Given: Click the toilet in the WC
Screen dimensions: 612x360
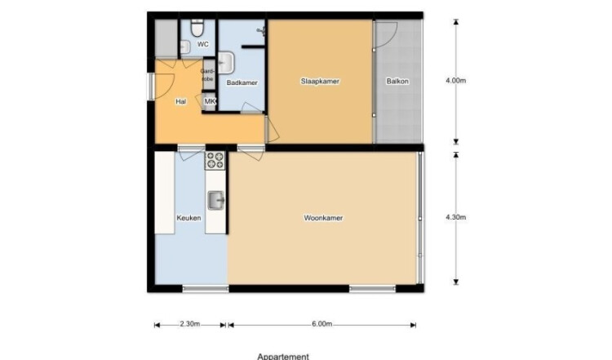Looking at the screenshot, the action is (197, 28).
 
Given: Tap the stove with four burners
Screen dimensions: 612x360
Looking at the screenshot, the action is (215, 161).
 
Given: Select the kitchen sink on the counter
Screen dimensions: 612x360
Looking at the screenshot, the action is (216, 201).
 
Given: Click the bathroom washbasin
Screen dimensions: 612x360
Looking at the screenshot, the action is (225, 63).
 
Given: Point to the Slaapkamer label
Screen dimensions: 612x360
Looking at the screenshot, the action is (320, 81).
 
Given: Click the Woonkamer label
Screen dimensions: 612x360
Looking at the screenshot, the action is (323, 218).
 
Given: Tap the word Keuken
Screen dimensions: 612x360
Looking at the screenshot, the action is (189, 218).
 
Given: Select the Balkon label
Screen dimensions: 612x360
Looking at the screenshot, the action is (397, 81).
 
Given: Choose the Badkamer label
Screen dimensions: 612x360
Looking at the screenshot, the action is (242, 82).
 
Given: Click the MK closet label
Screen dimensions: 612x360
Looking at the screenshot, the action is (210, 101).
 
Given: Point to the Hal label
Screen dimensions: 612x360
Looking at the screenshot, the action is (180, 101).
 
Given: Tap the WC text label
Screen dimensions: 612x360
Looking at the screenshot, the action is (203, 45).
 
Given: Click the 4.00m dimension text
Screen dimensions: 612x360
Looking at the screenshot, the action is (456, 81).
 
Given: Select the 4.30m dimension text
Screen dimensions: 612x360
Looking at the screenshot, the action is (456, 217).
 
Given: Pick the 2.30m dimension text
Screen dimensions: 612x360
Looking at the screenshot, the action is (189, 324).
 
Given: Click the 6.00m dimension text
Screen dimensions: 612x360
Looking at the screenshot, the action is (322, 324).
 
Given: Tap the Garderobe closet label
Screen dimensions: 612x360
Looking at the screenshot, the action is (207, 75).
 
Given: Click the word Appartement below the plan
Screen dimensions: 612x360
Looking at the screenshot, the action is (283, 356).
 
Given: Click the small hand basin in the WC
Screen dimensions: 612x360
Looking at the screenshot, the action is (184, 47).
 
